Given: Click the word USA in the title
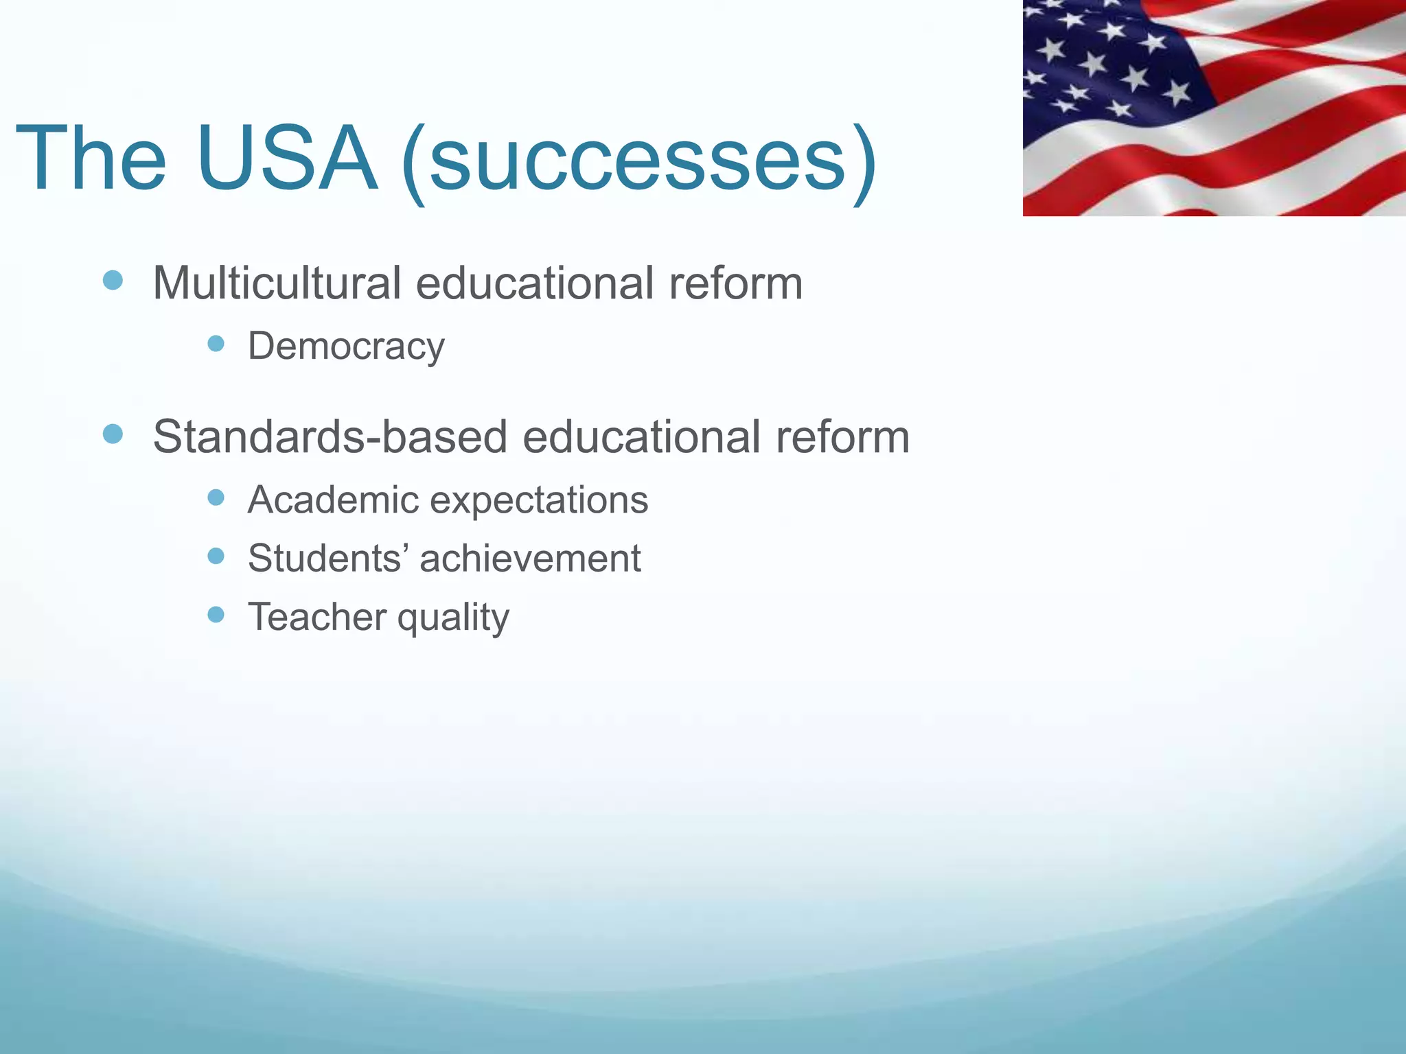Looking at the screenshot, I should [286, 159].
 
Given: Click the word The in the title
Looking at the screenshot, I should [91, 159].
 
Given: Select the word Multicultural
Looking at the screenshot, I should [277, 283].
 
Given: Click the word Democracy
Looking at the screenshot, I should [346, 347].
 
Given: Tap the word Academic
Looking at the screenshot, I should [333, 500].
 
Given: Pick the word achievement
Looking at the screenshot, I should [530, 558].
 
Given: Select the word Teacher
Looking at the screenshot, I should [317, 616].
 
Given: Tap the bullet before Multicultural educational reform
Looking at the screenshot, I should [113, 280].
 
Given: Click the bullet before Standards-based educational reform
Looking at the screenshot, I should [113, 434].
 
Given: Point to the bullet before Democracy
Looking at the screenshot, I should [216, 343].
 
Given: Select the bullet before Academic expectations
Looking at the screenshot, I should [216, 497].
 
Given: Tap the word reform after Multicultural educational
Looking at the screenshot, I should [735, 283].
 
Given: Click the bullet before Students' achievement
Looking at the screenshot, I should [216, 555].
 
